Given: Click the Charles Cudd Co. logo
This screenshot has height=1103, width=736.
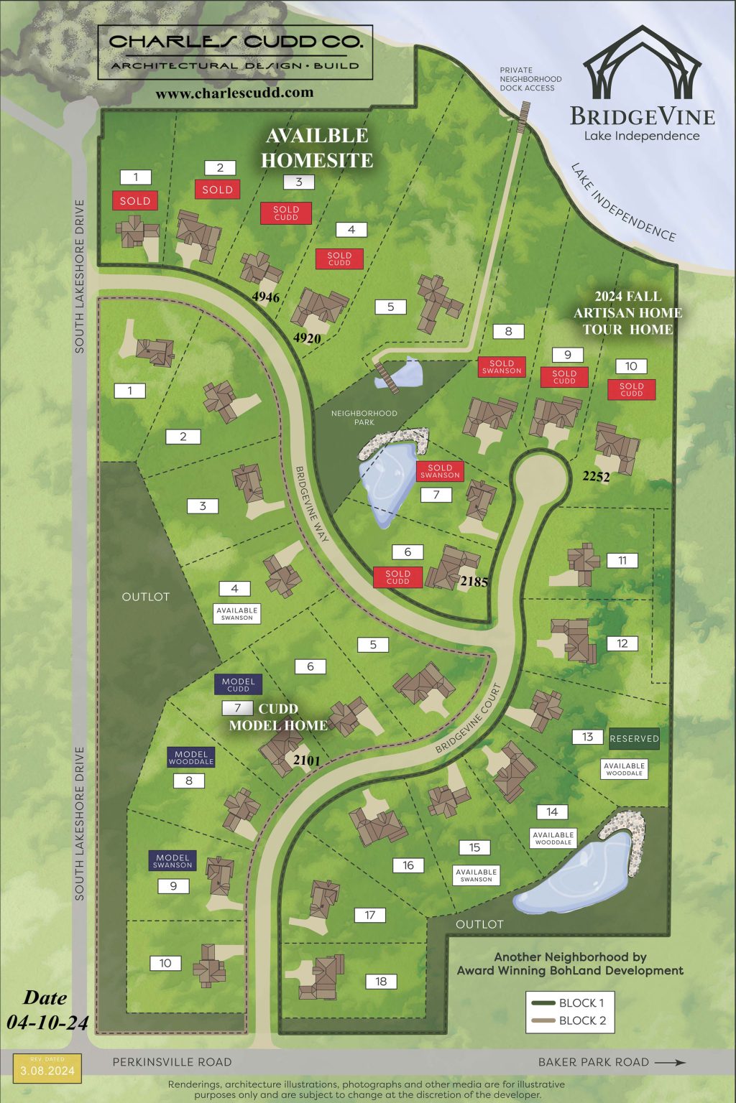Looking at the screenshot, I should click(x=235, y=52).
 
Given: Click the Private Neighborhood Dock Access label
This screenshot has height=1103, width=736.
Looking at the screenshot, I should click(x=530, y=79).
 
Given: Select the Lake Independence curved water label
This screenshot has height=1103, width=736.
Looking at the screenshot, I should click(x=623, y=202).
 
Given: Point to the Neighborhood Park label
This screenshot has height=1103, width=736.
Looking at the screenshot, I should click(x=364, y=417).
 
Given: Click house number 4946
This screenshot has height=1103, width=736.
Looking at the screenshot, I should click(x=265, y=297).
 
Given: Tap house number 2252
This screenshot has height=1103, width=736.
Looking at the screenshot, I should click(x=596, y=476).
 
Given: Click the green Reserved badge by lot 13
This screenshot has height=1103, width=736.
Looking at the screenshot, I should click(x=634, y=738).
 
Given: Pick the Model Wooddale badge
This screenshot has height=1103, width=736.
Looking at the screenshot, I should click(x=191, y=758).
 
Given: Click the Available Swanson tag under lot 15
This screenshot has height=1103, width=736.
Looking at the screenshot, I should click(x=476, y=875).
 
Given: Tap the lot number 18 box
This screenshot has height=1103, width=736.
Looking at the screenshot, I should click(x=381, y=982).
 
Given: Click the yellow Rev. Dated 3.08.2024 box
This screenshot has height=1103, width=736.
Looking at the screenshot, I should click(x=47, y=1069).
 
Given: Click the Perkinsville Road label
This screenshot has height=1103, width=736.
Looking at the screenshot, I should click(x=172, y=1062).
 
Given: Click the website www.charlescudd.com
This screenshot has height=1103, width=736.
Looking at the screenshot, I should click(x=234, y=93).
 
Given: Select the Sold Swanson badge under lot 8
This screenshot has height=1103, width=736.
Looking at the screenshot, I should click(x=502, y=367).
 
